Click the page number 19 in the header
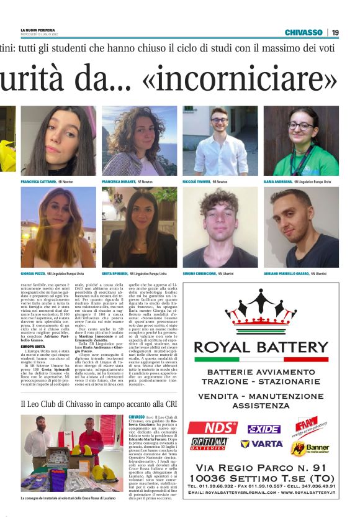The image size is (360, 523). tap(335, 32)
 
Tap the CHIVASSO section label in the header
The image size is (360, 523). tap(304, 32)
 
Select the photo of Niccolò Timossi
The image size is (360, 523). tap(220, 141)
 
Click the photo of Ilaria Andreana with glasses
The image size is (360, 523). tap(301, 141)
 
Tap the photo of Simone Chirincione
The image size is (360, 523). tap(220, 227)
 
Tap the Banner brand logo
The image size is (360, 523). tap(317, 447)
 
